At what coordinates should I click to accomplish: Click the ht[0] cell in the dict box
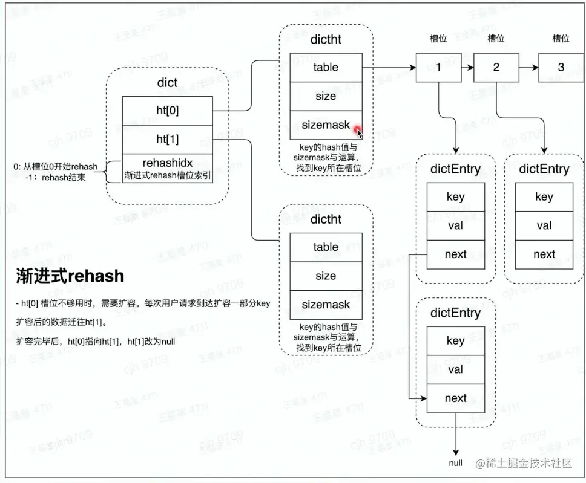click(x=168, y=111)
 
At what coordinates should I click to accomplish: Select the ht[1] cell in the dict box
click(x=168, y=140)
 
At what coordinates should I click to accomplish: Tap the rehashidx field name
click(x=168, y=163)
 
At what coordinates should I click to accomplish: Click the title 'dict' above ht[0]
click(x=167, y=82)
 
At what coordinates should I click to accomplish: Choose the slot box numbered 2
click(x=496, y=67)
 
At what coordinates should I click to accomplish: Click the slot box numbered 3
click(x=561, y=67)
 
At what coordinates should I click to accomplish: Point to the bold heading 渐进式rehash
click(x=70, y=276)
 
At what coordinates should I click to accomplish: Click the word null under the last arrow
click(x=456, y=463)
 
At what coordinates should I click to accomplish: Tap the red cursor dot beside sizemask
click(x=357, y=129)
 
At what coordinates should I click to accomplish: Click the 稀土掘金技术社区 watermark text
click(x=530, y=464)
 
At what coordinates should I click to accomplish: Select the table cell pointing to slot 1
click(x=326, y=67)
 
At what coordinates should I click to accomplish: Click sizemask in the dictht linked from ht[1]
click(x=326, y=305)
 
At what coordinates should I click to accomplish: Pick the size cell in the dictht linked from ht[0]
click(x=326, y=96)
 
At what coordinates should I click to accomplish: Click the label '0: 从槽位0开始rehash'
click(x=55, y=166)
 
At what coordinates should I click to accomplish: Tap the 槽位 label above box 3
click(x=561, y=39)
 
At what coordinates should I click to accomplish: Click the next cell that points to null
click(x=455, y=398)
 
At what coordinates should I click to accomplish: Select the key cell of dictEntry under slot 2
click(x=544, y=197)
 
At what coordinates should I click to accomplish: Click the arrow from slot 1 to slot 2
click(x=467, y=67)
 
